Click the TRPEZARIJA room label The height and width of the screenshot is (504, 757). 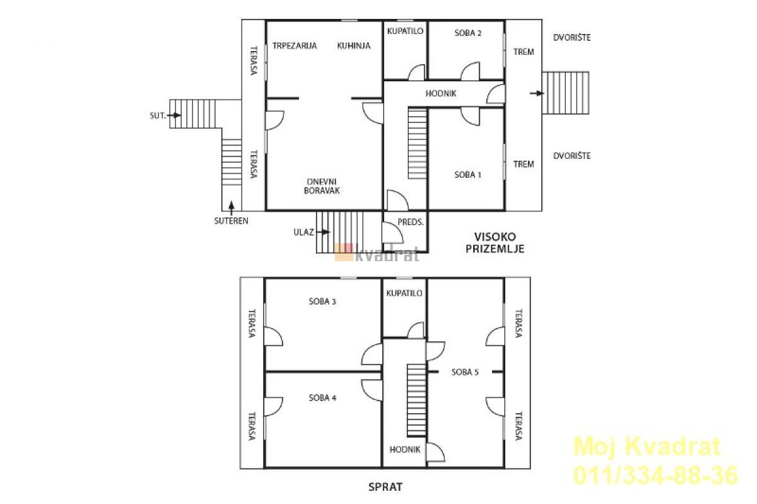pyautogui.click(x=295, y=45)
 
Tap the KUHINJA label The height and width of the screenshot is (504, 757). pyautogui.click(x=354, y=45)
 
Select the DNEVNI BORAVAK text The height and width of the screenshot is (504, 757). pyautogui.click(x=322, y=186)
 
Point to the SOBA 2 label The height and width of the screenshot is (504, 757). pyautogui.click(x=468, y=33)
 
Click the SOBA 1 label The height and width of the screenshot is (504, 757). pyautogui.click(x=467, y=175)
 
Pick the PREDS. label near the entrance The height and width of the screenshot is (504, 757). pyautogui.click(x=411, y=222)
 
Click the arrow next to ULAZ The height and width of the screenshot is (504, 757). pyautogui.click(x=324, y=232)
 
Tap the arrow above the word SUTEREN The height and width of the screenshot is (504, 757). pyautogui.click(x=232, y=208)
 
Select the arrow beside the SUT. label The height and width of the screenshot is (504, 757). pyautogui.click(x=174, y=115)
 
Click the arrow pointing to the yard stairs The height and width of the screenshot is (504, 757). pyautogui.click(x=537, y=93)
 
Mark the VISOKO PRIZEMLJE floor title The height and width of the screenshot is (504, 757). pyautogui.click(x=495, y=243)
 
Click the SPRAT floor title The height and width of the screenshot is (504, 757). pyautogui.click(x=385, y=487)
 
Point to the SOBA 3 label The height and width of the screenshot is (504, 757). pyautogui.click(x=322, y=301)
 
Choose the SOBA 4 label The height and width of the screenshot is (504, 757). pyautogui.click(x=322, y=398)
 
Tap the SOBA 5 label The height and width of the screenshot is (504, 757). pyautogui.click(x=465, y=372)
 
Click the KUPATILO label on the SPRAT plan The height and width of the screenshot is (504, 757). pyautogui.click(x=404, y=293)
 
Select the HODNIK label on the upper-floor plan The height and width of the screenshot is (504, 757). pyautogui.click(x=405, y=450)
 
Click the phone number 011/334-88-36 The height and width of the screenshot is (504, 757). pyautogui.click(x=655, y=476)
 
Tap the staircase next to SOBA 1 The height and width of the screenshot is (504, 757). pyautogui.click(x=418, y=143)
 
